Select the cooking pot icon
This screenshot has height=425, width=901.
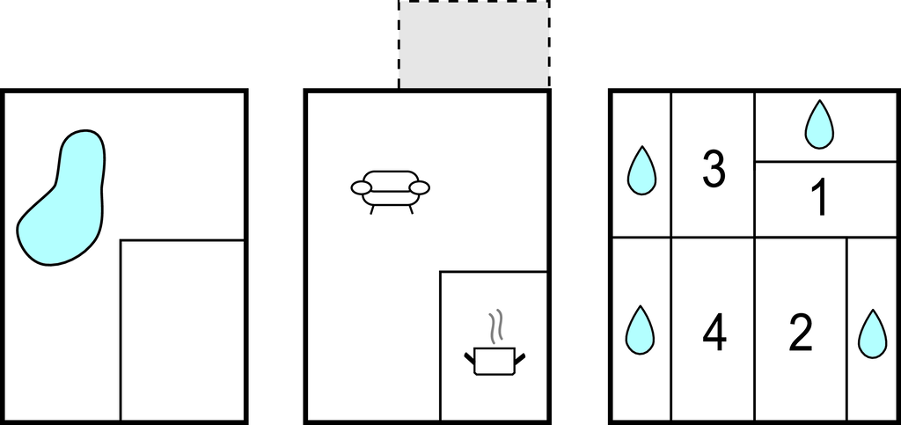tap(494, 362)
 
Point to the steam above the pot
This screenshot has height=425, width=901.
tap(495, 327)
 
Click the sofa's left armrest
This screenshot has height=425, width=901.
tap(362, 187)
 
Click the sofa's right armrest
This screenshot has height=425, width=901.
tap(420, 187)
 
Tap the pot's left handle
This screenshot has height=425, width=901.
tap(470, 358)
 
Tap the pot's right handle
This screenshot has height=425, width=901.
tap(520, 358)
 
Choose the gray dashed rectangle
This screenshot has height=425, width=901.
tap(474, 45)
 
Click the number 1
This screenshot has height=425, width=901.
tap(821, 197)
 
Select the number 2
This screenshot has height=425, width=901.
tap(801, 332)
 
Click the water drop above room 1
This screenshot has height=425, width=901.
tap(819, 127)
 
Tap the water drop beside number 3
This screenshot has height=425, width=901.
tap(641, 172)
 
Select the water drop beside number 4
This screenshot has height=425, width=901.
tap(641, 332)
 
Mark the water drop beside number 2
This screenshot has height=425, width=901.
tap(873, 335)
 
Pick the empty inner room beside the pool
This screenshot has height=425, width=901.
tap(183, 330)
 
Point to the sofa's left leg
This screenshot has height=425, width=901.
tap(372, 209)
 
